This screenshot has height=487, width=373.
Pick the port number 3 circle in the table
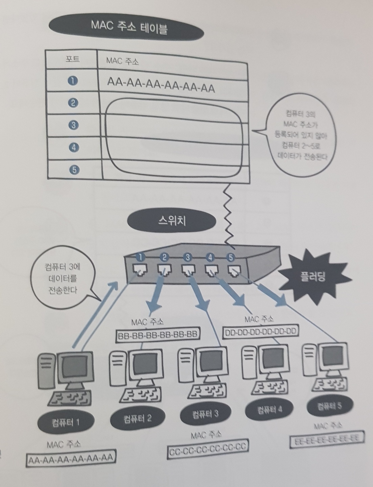(x=73, y=125)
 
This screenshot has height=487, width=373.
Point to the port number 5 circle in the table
(x=74, y=170)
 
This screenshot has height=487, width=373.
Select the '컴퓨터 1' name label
(x=66, y=422)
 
